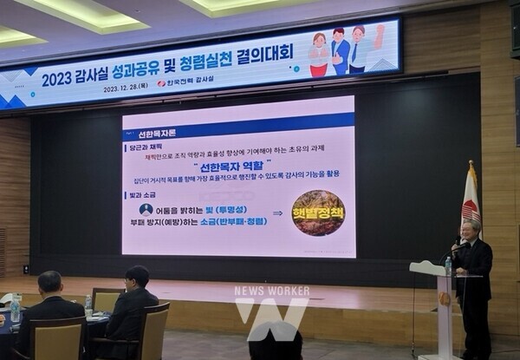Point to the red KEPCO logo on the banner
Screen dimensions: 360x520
(x=162, y=84)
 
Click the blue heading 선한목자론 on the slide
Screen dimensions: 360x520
(x=160, y=134)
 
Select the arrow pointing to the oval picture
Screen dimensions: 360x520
(x=277, y=213)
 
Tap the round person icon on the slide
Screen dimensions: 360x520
(x=146, y=209)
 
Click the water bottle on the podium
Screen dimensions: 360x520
(x=448, y=265)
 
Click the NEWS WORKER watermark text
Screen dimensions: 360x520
(x=271, y=291)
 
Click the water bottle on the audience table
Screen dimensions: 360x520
(x=88, y=304)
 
